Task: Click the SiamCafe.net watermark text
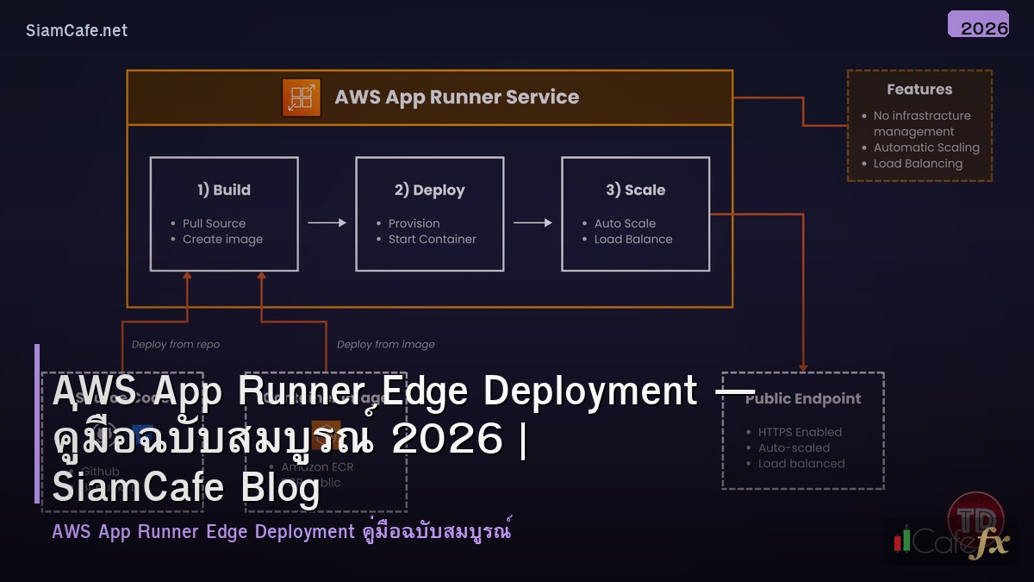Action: coord(77,30)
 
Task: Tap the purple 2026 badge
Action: coord(978,25)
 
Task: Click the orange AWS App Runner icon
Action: coord(302,97)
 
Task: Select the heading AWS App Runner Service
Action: coord(457,97)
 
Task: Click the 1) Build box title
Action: coord(224,190)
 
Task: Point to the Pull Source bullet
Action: coord(214,223)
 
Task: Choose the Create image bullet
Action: coord(222,240)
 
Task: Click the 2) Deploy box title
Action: coord(429,190)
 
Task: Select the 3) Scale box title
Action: coord(635,190)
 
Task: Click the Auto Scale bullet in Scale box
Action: coord(625,223)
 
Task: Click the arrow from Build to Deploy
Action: coord(327,223)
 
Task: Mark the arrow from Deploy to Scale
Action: coord(533,223)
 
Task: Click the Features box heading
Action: coord(919,90)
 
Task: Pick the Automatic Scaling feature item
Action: coord(926,147)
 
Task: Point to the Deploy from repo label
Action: coord(176,345)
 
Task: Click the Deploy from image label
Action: coord(385,345)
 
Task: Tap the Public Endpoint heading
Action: coord(803,399)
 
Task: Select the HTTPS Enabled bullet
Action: coord(800,432)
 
